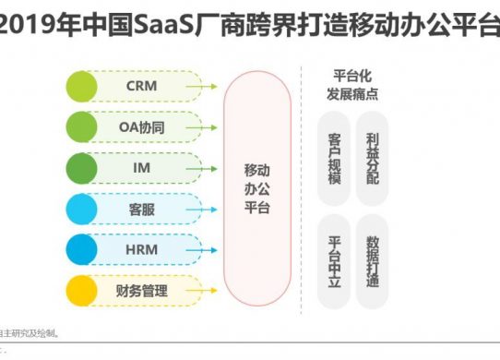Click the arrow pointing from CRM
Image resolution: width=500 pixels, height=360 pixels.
202,86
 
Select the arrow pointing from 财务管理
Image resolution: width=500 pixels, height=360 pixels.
202,292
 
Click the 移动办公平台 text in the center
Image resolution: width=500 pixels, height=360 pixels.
257,189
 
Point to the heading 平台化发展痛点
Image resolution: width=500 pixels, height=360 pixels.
352,84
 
